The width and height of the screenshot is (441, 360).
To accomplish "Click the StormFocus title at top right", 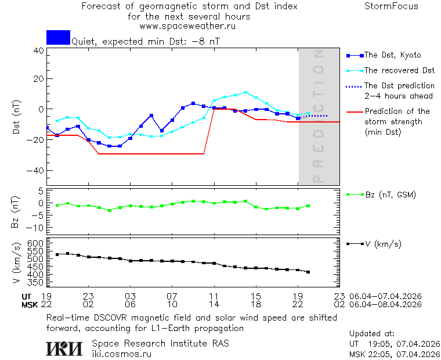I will (x=391, y=6).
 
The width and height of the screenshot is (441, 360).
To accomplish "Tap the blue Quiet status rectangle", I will (x=58, y=37).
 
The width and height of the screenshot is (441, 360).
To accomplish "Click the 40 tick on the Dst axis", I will (x=38, y=51).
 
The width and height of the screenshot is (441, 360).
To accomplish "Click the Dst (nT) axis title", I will (x=17, y=118).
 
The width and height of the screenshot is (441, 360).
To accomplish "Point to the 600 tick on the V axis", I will (x=36, y=243).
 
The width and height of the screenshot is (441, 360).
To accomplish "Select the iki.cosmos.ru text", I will (x=122, y=354).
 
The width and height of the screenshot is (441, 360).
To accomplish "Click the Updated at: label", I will (x=371, y=334).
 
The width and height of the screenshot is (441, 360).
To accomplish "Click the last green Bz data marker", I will (x=308, y=206).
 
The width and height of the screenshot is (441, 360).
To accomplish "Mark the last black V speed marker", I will (x=308, y=272).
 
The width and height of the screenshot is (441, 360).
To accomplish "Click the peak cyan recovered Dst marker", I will (x=245, y=92).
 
